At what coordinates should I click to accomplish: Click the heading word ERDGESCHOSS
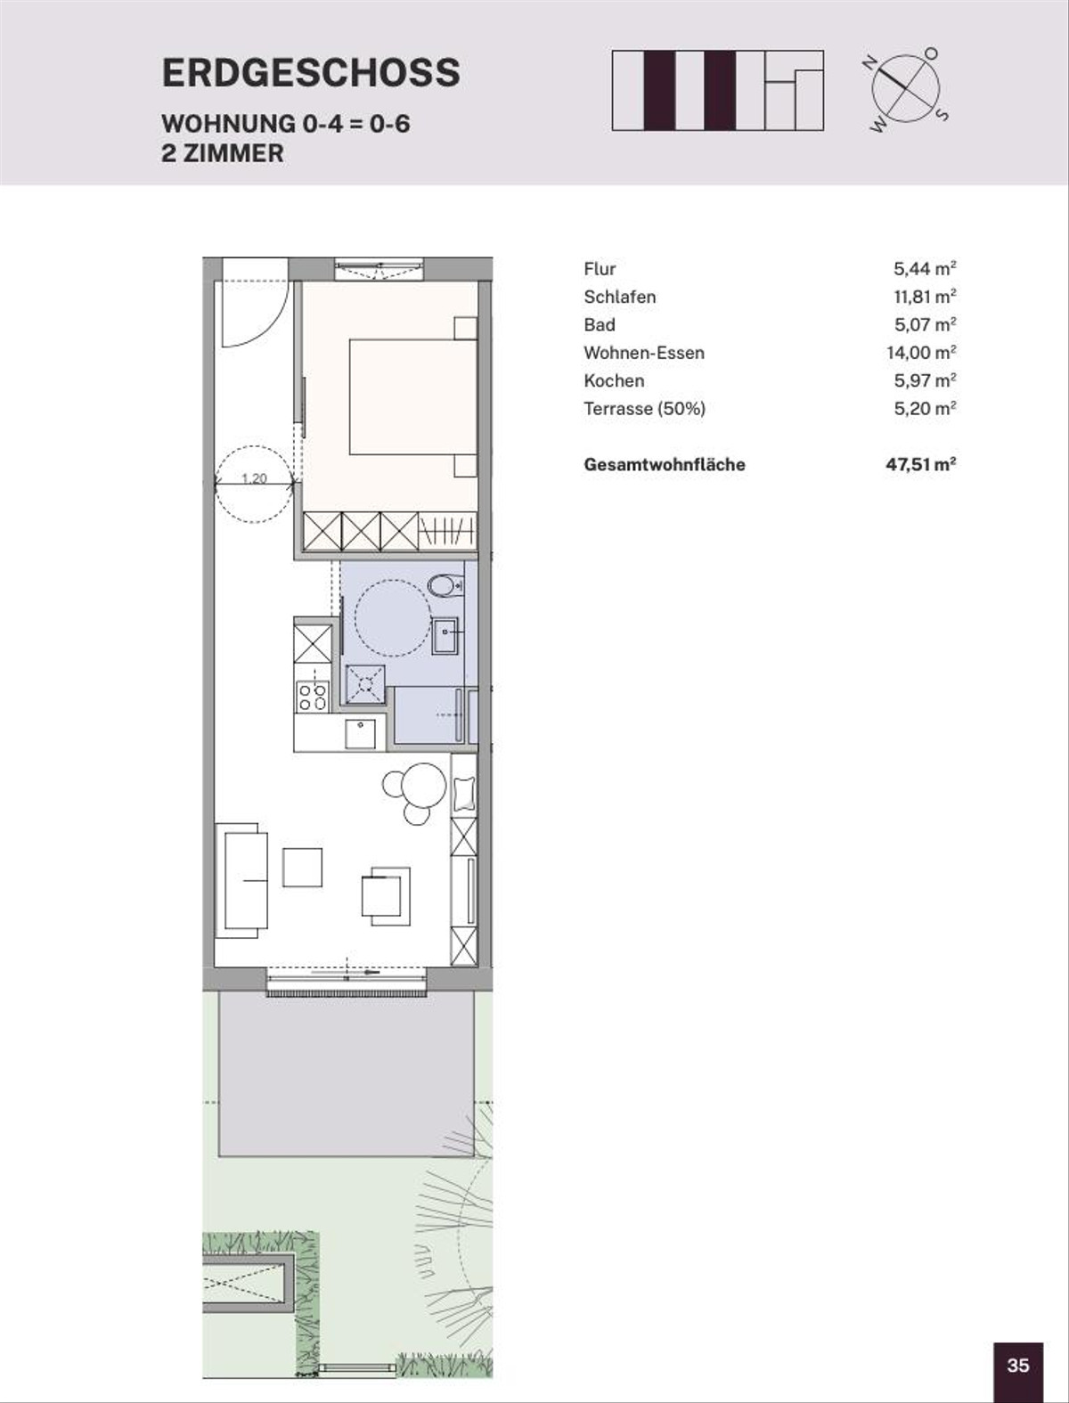[x=311, y=73]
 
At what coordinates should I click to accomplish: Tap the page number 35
[x=1018, y=1366]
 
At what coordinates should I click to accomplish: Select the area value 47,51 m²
[x=920, y=464]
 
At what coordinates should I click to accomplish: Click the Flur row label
[x=600, y=269]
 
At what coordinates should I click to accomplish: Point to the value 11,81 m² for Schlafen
[x=925, y=297]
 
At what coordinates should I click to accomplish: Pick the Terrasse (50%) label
[x=644, y=409]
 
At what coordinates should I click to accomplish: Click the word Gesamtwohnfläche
[x=665, y=465]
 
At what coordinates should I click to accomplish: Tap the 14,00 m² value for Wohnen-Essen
[x=921, y=352]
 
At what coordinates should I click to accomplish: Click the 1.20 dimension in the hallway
[x=254, y=478]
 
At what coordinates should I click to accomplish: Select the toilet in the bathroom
[x=445, y=585]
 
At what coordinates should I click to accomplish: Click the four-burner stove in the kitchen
[x=313, y=697]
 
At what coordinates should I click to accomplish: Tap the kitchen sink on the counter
[x=361, y=733]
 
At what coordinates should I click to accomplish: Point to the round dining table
[x=422, y=787]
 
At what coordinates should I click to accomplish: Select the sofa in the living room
[x=241, y=881]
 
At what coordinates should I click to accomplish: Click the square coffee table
[x=302, y=868]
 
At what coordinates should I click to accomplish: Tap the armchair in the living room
[x=386, y=895]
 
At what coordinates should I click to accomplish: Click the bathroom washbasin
[x=445, y=635]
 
